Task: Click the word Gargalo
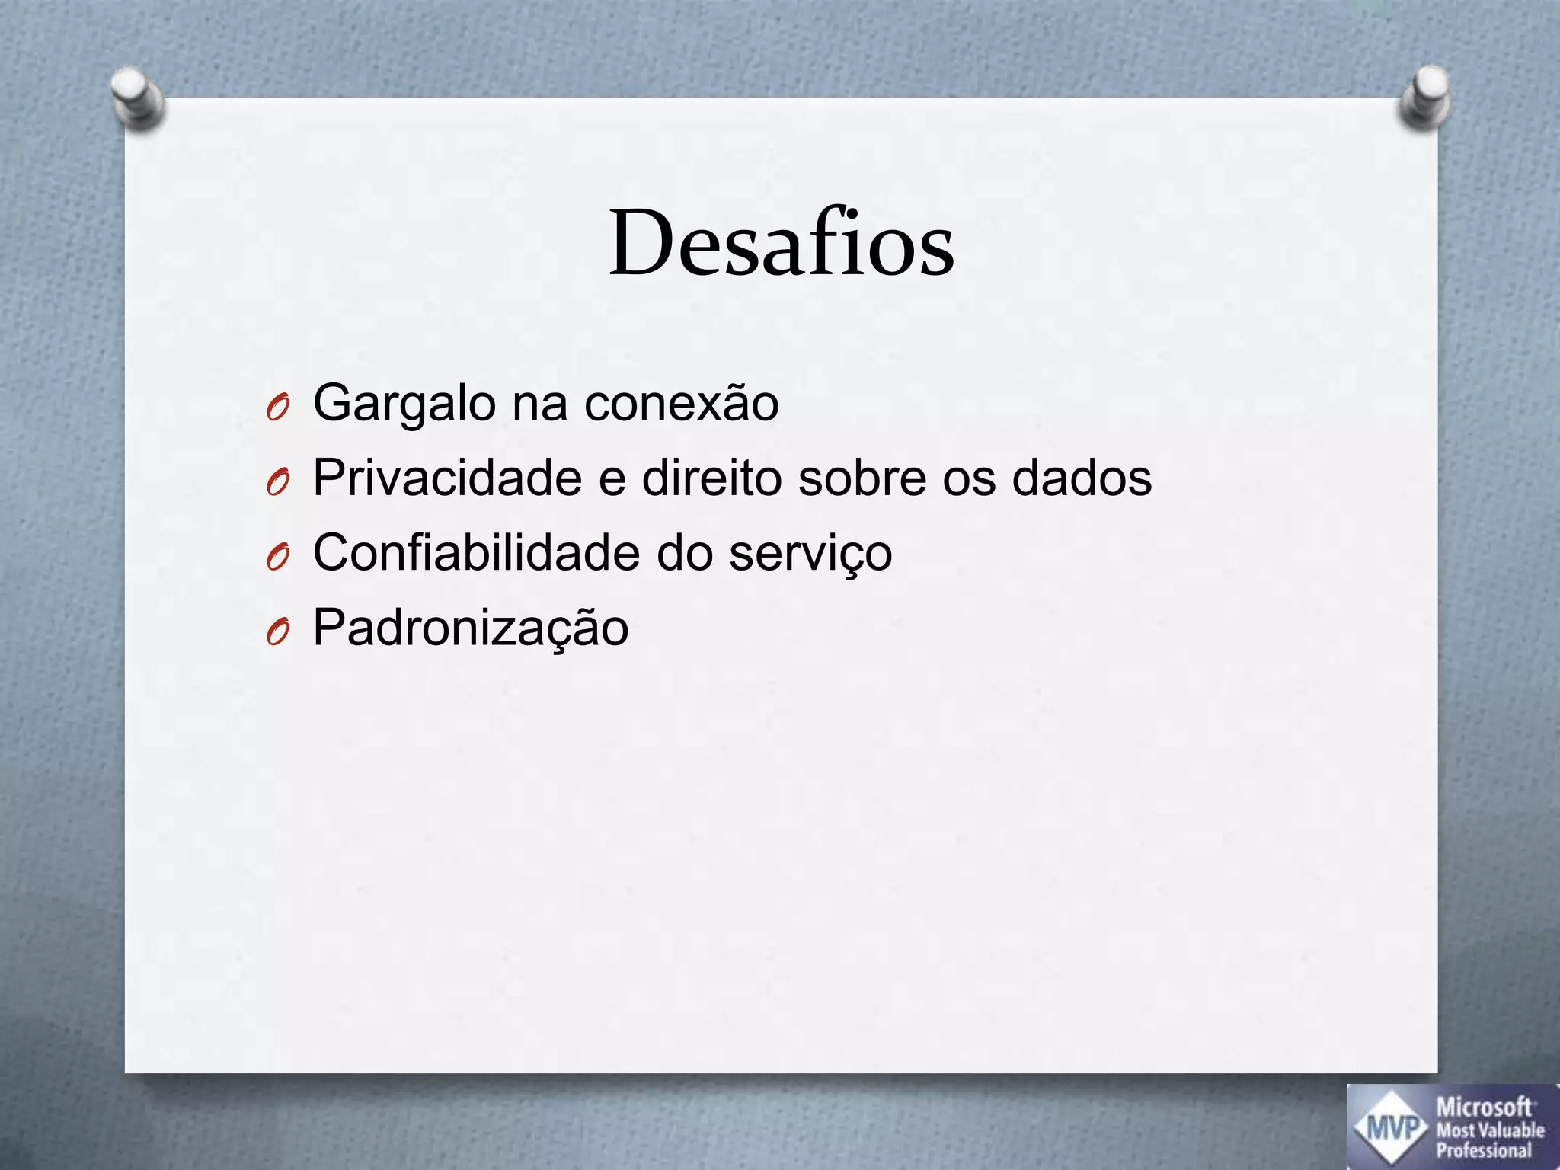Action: click(404, 404)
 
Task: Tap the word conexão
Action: click(682, 404)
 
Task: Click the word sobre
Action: click(862, 478)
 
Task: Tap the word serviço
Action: click(810, 554)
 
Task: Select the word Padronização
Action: click(471, 628)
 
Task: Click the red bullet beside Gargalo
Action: click(278, 409)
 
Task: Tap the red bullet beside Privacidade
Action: click(278, 484)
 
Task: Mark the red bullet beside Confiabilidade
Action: click(278, 558)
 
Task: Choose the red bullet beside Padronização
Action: click(278, 633)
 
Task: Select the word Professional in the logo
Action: click(1484, 1150)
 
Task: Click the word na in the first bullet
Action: click(539, 404)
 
